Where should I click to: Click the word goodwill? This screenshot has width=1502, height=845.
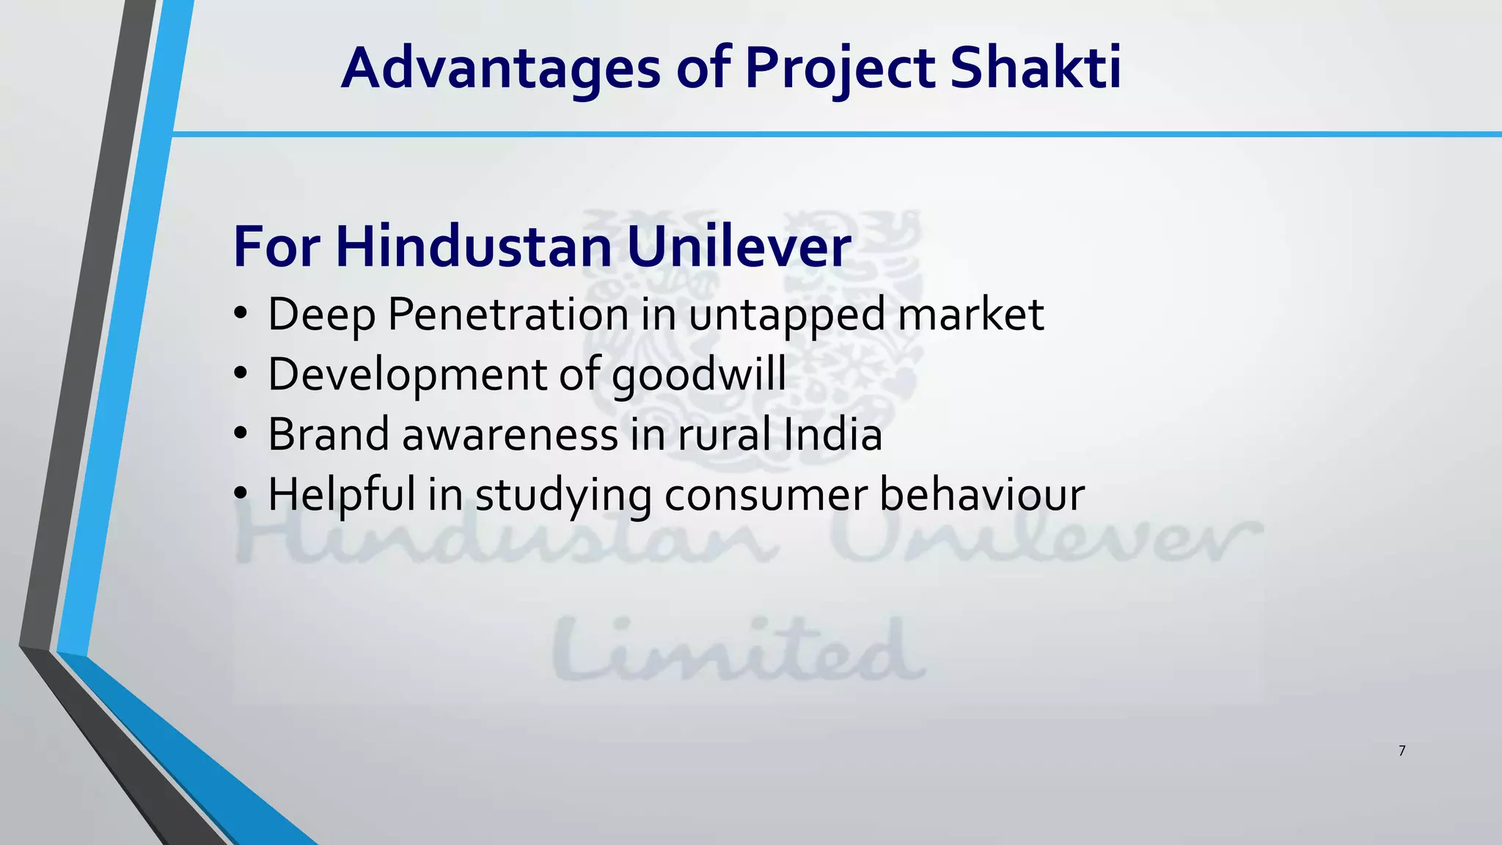[698, 375]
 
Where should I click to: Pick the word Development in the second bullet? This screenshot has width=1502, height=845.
[407, 375]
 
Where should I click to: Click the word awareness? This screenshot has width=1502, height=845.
[510, 435]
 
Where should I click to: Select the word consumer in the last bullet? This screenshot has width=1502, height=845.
[766, 495]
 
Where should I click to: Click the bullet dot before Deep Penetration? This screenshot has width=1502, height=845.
[241, 316]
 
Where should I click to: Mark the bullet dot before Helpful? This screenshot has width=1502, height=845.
[241, 495]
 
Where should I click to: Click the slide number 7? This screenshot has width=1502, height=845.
[1402, 750]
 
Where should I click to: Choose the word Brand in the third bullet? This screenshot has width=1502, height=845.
[329, 435]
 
